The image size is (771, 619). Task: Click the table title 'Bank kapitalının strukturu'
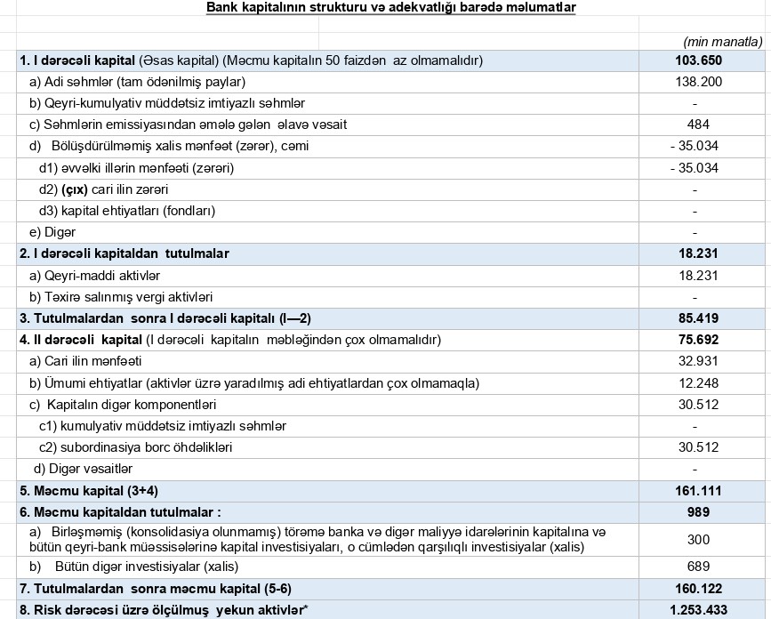390,8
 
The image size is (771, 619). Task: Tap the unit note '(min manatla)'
722,41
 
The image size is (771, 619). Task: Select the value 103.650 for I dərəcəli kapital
698,60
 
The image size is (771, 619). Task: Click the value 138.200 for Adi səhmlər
698,82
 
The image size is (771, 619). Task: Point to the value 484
698,125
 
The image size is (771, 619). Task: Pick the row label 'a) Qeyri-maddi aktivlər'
94,276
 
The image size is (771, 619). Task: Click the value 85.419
698,318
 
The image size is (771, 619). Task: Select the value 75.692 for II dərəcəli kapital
698,340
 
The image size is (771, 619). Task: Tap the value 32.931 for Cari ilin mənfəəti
698,361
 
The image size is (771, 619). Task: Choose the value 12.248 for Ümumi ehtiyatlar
698,383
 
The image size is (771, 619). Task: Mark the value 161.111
698,491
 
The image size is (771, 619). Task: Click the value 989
698,512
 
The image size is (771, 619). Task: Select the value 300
698,539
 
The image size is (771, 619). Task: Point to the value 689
698,567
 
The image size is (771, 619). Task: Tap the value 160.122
698,589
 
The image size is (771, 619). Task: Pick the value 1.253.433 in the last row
698,610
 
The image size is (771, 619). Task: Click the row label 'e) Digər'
52,232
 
